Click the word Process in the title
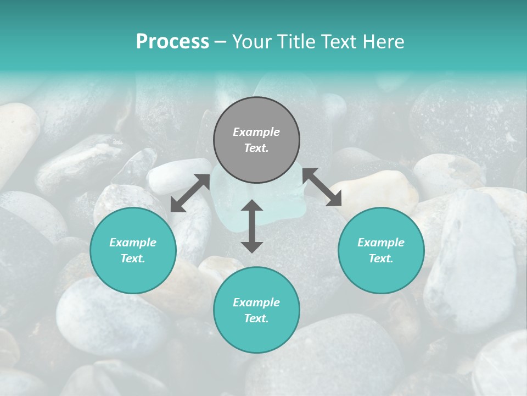tap(172, 42)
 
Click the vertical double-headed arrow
tap(252, 226)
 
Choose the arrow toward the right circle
tap(322, 187)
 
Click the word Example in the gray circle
tap(256, 132)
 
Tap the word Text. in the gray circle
tap(256, 148)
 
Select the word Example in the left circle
tap(133, 243)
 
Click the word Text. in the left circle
tap(133, 258)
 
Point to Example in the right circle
tap(381, 243)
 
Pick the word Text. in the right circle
tap(381, 258)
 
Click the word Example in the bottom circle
tap(256, 302)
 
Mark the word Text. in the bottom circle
tap(256, 318)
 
